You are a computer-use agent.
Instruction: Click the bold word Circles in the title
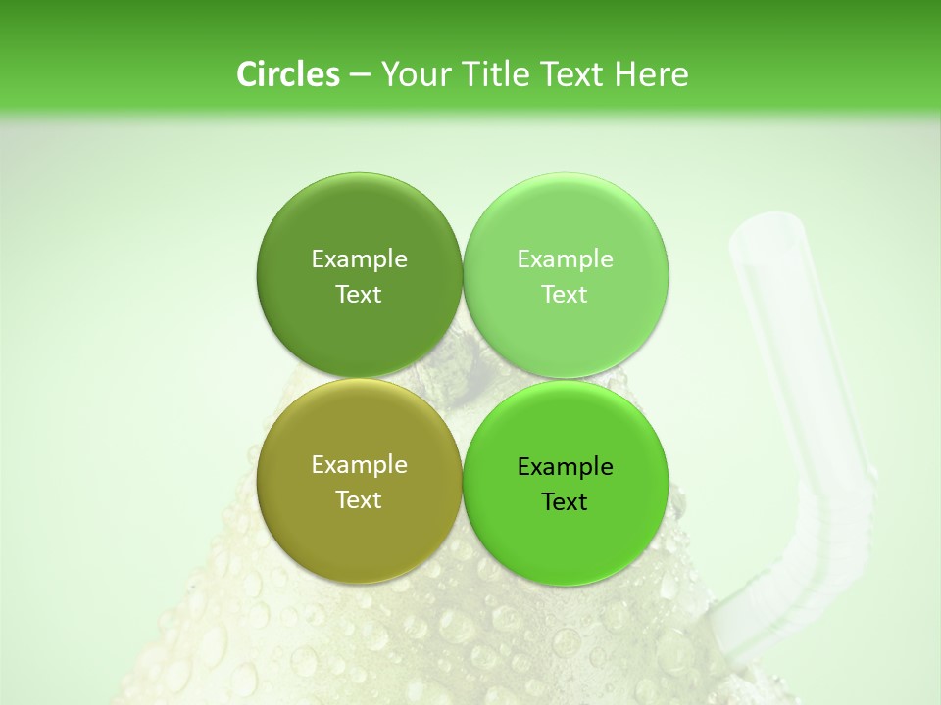pyautogui.click(x=287, y=74)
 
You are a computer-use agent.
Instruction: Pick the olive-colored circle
pyautogui.click(x=359, y=529)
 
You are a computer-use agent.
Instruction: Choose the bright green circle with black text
pyautogui.click(x=566, y=534)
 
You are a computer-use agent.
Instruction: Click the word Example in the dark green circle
pyautogui.click(x=359, y=258)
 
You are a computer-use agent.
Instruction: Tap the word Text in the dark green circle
pyautogui.click(x=359, y=294)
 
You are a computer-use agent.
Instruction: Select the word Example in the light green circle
pyautogui.click(x=565, y=258)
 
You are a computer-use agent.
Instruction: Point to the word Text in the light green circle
pyautogui.click(x=565, y=294)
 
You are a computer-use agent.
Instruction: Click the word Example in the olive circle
pyautogui.click(x=359, y=464)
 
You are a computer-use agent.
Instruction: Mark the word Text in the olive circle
pyautogui.click(x=359, y=499)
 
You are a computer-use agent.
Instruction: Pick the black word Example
pyautogui.click(x=565, y=466)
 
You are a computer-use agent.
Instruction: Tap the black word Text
pyautogui.click(x=565, y=501)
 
